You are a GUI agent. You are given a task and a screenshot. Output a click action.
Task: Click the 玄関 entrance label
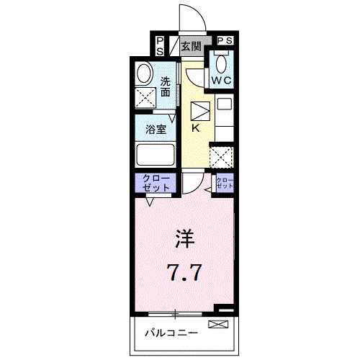[x=191, y=48]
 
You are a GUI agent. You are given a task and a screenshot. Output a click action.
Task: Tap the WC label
[x=221, y=80]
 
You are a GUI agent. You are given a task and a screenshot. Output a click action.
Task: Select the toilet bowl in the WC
[x=221, y=63]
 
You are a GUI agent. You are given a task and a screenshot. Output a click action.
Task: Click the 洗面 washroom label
[x=166, y=87]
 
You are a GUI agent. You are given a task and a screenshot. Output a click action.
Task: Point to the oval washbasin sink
[x=144, y=74]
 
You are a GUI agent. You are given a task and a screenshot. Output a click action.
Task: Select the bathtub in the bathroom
[x=155, y=156]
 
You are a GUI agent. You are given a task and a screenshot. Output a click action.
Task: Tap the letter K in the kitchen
[x=195, y=129]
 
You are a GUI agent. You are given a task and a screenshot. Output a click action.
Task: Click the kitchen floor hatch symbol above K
[x=199, y=112]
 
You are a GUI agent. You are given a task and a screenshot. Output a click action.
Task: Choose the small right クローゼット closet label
[x=225, y=182]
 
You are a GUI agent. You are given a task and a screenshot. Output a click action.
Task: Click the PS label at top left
[x=159, y=46]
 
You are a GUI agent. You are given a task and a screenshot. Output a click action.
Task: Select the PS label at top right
[x=224, y=41]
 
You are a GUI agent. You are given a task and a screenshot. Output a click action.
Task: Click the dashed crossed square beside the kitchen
[x=221, y=156]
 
